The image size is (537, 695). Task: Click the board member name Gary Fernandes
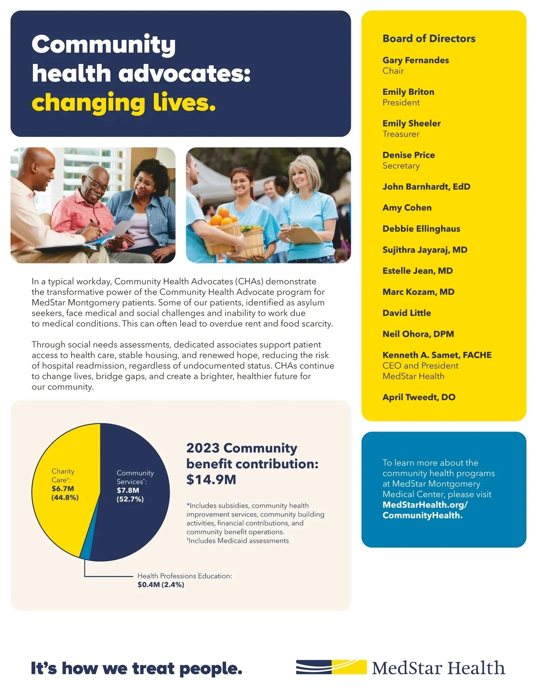click(415, 60)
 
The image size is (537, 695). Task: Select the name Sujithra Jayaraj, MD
click(425, 250)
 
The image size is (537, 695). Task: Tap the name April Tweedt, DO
click(418, 397)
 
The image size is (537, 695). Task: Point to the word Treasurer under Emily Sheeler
click(401, 134)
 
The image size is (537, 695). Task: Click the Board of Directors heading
click(429, 38)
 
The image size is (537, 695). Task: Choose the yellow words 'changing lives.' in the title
click(124, 102)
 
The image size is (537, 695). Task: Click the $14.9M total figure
click(211, 480)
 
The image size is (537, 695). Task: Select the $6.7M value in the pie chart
click(63, 489)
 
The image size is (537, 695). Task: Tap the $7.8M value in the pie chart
click(128, 490)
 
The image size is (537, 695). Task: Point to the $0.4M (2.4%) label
click(161, 585)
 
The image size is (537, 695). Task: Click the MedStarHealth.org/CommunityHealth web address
click(425, 510)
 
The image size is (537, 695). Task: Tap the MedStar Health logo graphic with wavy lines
click(331, 667)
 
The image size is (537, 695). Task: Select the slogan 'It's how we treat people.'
click(136, 669)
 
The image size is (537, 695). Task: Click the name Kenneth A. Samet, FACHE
click(437, 355)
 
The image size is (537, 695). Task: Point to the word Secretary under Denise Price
click(401, 166)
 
